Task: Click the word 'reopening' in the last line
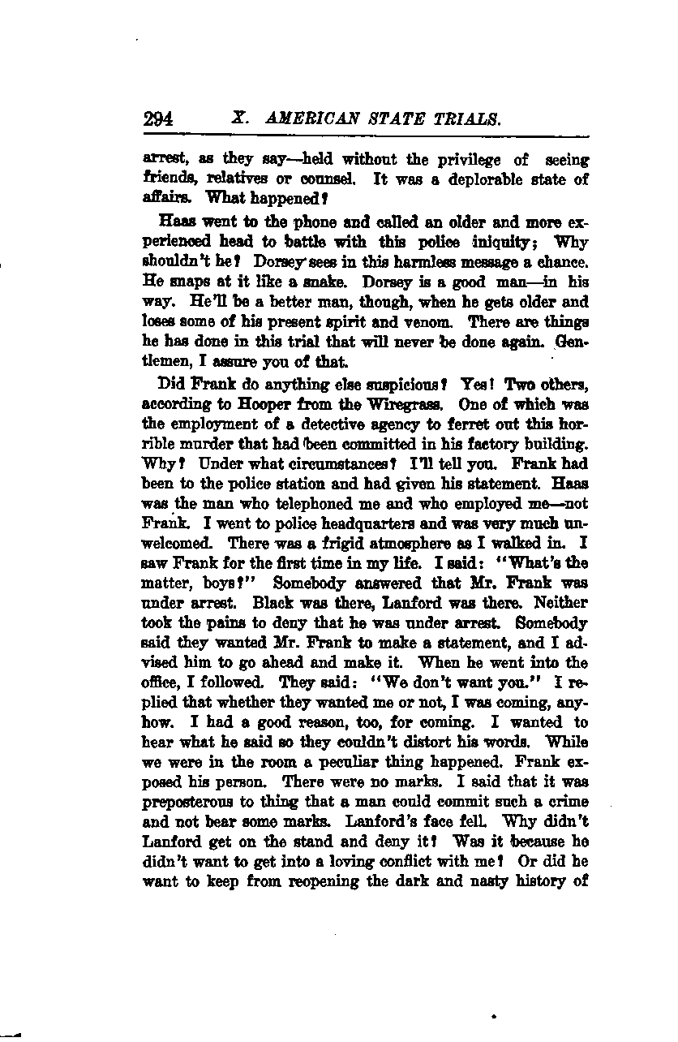click(x=308, y=881)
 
